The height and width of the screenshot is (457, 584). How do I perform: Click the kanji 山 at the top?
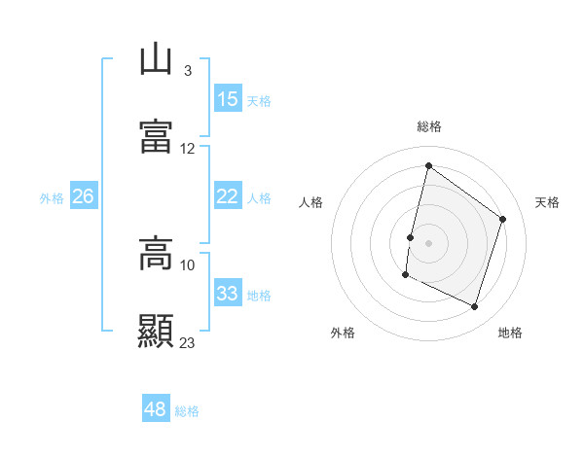click(x=156, y=60)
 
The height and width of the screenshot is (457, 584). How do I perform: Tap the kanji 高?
click(x=156, y=255)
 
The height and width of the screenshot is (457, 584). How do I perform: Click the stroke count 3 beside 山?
click(x=187, y=71)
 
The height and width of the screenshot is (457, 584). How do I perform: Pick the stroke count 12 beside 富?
click(x=188, y=149)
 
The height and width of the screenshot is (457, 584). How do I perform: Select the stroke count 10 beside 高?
click(x=188, y=264)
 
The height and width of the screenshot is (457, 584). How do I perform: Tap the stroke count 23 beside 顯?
click(x=188, y=342)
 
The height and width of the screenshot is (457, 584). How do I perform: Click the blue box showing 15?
click(x=228, y=99)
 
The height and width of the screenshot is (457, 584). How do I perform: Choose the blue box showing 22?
click(x=228, y=196)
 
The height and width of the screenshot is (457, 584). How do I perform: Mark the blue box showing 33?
click(x=228, y=294)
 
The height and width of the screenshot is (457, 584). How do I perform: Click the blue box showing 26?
click(x=84, y=196)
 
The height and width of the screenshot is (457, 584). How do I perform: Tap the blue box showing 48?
click(x=156, y=409)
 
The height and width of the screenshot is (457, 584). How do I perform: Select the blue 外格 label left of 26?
click(x=52, y=197)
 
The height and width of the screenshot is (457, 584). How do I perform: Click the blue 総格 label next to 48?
click(x=187, y=411)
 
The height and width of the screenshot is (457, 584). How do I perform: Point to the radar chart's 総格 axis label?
click(x=429, y=126)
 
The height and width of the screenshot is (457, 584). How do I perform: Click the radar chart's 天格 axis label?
click(x=547, y=202)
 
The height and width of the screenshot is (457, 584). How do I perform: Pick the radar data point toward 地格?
click(x=474, y=307)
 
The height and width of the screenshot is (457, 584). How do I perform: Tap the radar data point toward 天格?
click(x=503, y=219)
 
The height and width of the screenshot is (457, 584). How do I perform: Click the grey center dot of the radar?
click(x=428, y=242)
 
